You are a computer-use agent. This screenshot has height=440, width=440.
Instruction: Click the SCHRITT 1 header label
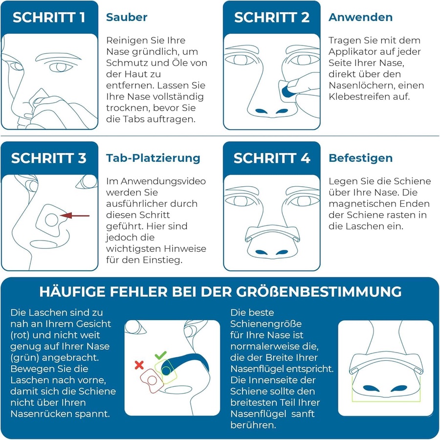coord(49,18)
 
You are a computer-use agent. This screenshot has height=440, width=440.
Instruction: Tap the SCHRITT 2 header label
coord(272,18)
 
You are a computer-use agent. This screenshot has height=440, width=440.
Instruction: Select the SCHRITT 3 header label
coord(49,158)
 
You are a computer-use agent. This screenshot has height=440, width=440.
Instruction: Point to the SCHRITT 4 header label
coord(272,158)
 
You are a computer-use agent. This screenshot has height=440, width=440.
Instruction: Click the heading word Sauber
coord(127,18)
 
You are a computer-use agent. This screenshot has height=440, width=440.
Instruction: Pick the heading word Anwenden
coord(361,18)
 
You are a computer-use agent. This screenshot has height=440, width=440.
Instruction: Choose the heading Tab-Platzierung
coord(153,158)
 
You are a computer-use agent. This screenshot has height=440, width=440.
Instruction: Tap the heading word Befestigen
coord(361,158)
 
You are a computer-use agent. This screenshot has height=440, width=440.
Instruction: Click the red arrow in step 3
coord(75,216)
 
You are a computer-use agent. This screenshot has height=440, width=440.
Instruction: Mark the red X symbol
coord(139,365)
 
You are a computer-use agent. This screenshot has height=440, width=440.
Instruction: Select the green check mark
coord(160,355)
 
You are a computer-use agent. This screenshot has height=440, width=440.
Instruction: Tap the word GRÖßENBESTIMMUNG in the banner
coord(319,291)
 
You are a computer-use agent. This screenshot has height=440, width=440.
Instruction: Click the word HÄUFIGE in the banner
coord(72,291)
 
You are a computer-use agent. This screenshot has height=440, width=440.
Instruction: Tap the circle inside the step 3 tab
coord(52,220)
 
